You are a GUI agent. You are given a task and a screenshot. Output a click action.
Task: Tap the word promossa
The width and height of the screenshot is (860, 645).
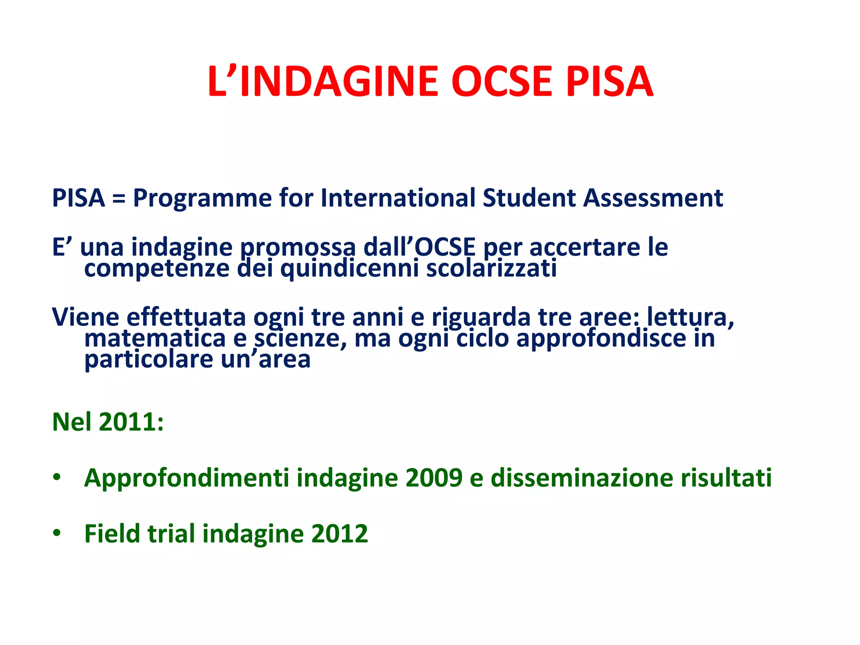298,248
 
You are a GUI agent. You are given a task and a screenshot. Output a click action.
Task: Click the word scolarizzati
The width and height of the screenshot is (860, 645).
491,269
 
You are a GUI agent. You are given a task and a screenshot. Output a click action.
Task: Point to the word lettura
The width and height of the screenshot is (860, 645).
690,317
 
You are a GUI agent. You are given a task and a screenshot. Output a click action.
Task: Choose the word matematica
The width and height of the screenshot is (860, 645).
155,338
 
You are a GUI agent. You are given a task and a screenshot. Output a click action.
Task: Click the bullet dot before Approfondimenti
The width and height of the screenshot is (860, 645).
57,477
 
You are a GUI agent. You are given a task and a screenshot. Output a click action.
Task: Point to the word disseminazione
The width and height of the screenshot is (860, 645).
582,478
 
